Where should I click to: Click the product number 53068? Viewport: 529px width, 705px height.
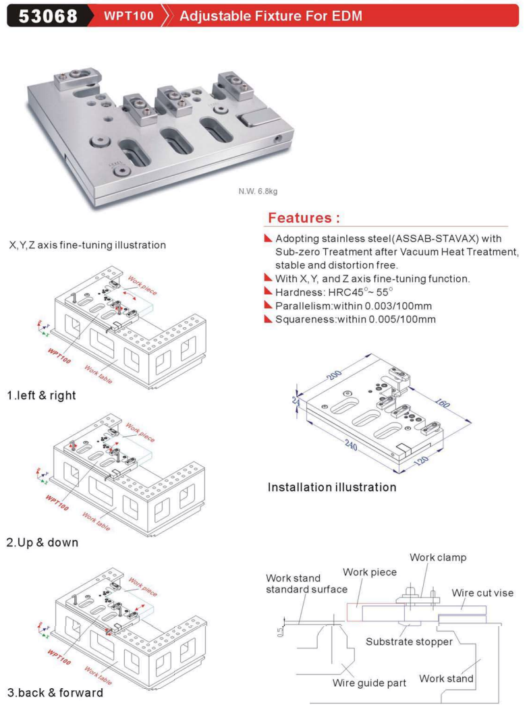pos(48,15)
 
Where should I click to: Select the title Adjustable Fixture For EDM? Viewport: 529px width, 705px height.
pos(269,15)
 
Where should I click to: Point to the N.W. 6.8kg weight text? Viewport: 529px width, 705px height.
pos(258,191)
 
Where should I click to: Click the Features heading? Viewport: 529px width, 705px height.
pos(304,218)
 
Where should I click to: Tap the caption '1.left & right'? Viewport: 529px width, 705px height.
pos(42,396)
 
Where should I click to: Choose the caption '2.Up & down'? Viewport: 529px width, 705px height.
pos(43,542)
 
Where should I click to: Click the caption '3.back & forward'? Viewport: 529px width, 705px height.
pos(55,693)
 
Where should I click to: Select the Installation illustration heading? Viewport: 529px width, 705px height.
pos(332,487)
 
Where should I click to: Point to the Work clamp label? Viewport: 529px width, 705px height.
pos(438,558)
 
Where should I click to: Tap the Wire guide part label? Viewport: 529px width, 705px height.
pos(369,683)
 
